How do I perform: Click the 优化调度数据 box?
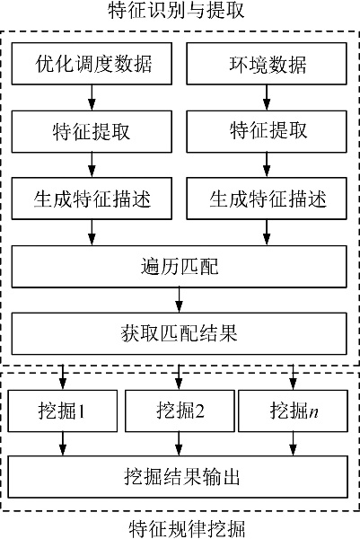[92, 64]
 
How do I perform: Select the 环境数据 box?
[267, 64]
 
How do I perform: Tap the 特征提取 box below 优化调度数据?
[92, 131]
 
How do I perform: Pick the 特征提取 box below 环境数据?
[267, 131]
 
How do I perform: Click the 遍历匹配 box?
[180, 267]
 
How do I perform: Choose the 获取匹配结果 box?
[180, 333]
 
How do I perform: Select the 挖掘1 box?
[63, 411]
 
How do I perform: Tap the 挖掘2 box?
[180, 411]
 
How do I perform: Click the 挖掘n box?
[293, 411]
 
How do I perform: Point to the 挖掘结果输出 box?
[178, 477]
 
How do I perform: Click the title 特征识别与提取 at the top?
[176, 10]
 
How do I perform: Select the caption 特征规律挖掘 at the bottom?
[188, 529]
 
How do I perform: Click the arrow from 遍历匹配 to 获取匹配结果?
[179, 300]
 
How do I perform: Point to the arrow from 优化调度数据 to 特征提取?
[92, 98]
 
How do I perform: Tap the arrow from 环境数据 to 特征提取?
[267, 98]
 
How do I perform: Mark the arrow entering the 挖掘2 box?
[179, 377]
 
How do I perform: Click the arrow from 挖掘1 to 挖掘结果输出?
[63, 444]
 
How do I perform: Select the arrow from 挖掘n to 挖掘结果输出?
[293, 444]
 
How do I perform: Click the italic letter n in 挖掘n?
[313, 412]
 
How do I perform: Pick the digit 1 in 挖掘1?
[81, 411]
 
